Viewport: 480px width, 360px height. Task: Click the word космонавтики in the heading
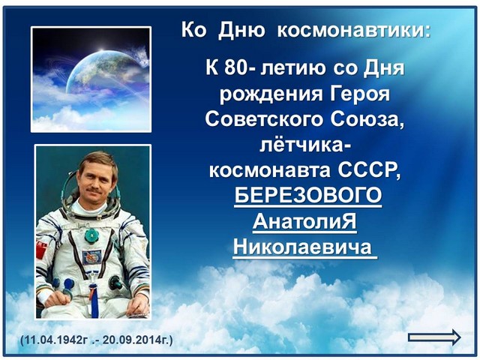(353, 30)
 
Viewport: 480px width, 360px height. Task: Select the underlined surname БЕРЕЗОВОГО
(308, 195)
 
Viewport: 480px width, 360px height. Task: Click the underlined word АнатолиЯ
(304, 221)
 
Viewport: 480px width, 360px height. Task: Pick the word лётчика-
(305, 145)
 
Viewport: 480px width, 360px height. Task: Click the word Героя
(360, 94)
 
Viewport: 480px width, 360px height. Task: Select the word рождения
(271, 94)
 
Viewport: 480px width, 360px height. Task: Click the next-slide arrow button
(434, 337)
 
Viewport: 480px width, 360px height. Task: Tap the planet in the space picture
(101, 73)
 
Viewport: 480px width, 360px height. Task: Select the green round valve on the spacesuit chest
(91, 235)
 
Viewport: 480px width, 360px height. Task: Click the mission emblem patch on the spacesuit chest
(91, 257)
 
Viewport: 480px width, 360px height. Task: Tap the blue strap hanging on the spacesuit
(94, 298)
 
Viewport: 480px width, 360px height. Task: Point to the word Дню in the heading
(241, 31)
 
